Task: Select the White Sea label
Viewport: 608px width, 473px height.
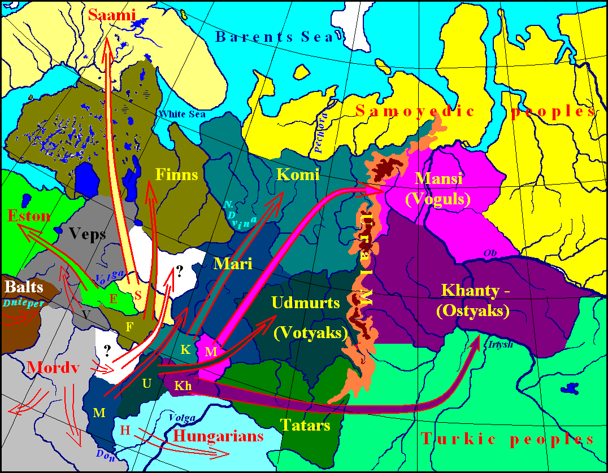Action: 182,114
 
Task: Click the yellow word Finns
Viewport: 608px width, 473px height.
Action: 176,174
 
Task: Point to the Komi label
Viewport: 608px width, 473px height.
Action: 298,174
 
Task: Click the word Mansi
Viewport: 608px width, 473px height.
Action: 438,179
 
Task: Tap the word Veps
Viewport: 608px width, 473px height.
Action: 88,234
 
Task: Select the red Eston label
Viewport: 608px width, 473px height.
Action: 29,216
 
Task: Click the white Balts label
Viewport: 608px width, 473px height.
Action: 24,286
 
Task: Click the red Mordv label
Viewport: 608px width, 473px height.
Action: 51,368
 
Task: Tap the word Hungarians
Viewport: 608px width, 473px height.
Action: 219,435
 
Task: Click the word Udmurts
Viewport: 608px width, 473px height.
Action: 306,303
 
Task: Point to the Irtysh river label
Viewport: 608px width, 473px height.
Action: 500,344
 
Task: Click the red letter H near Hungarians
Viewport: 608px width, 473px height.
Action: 125,431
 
